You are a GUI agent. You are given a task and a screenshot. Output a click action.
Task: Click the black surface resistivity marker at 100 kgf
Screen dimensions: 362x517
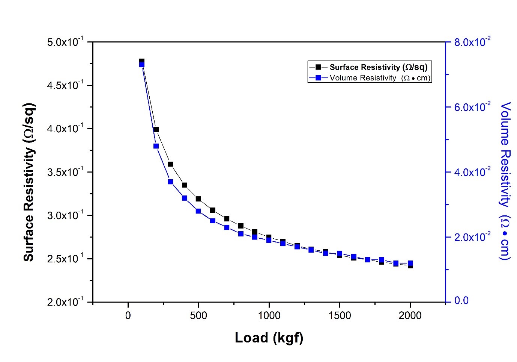[142, 61]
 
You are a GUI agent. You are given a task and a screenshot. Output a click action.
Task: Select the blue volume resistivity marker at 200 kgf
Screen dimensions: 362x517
[156, 146]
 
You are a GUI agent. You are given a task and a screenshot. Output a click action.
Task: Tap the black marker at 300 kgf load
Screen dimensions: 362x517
[170, 164]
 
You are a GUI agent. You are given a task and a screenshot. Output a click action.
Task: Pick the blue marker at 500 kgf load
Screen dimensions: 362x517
[198, 211]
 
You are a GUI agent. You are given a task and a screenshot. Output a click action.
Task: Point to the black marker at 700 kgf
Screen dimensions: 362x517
[227, 219]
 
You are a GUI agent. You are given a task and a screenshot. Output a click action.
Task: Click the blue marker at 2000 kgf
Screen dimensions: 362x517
[410, 263]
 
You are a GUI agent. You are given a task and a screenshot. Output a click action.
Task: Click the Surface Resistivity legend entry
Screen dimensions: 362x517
[378, 67]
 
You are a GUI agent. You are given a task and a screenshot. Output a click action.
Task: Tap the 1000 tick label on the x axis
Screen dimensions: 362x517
[269, 316]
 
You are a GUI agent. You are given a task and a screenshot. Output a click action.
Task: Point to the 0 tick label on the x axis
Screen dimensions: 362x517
[128, 316]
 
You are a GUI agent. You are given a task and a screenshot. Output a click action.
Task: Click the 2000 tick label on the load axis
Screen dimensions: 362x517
[410, 316]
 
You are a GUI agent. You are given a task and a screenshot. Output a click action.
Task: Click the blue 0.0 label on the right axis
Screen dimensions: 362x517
[461, 301]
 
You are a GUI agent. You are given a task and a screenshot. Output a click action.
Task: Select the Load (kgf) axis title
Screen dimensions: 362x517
[269, 338]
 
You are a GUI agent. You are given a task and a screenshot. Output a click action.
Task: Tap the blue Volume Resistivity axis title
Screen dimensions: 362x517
[505, 180]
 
